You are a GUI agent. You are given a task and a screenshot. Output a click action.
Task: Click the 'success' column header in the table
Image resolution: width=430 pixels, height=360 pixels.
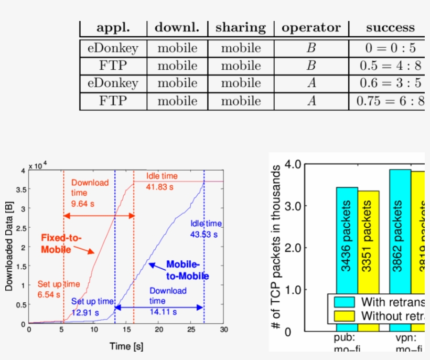(x=390, y=28)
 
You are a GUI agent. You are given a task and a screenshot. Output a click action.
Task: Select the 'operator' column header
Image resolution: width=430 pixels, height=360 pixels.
(x=311, y=28)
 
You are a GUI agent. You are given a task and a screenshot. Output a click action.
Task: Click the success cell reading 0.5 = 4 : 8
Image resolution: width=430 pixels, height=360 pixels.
(x=390, y=66)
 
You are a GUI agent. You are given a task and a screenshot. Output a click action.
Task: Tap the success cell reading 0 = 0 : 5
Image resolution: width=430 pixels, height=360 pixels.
(x=390, y=48)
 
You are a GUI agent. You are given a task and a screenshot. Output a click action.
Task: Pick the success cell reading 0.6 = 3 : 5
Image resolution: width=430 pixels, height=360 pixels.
(x=390, y=83)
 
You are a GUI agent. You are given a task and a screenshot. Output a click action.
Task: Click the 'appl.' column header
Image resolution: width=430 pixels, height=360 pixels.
(x=113, y=28)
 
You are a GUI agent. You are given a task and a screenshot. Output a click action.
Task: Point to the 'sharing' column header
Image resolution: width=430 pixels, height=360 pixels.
(x=241, y=28)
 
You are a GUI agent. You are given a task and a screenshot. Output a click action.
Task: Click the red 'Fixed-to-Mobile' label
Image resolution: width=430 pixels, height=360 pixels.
(x=61, y=243)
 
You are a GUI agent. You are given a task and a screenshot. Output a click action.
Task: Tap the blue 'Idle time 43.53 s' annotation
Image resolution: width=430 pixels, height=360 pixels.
(x=206, y=229)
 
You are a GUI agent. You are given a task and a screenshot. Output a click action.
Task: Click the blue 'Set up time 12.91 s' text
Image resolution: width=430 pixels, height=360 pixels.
(x=92, y=306)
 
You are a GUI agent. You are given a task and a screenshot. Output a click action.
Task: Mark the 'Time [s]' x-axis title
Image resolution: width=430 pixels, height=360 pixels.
(x=126, y=346)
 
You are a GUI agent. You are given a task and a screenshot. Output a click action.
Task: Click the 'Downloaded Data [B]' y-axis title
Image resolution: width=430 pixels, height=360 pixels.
(x=9, y=247)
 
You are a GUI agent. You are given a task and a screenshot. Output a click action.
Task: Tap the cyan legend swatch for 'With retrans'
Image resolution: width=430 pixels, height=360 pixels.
(x=343, y=302)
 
